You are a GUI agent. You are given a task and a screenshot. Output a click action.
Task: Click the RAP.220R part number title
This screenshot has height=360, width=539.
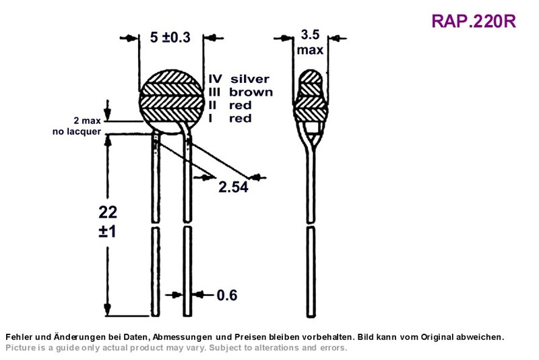(474, 22)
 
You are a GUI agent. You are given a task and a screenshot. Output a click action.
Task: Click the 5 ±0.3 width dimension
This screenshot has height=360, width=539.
(170, 37)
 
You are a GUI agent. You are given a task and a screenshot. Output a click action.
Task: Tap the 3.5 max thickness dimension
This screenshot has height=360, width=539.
(310, 42)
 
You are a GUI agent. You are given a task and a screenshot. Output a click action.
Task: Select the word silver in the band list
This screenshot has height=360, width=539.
(250, 79)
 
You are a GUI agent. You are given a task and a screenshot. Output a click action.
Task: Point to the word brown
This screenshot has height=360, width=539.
(251, 92)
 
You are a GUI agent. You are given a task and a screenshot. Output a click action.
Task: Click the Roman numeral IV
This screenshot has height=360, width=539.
(215, 79)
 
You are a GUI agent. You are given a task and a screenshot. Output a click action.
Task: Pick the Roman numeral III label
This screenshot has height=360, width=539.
(214, 92)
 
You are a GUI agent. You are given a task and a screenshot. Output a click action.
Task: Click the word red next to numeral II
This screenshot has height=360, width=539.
(241, 105)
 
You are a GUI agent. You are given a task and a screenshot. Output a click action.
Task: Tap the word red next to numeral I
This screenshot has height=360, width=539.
(241, 118)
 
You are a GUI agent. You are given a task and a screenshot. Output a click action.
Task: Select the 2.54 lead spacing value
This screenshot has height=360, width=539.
(233, 187)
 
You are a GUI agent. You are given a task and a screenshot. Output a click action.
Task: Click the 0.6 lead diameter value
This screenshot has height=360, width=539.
(227, 295)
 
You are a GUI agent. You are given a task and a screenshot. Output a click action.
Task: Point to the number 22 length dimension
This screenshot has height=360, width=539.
(108, 212)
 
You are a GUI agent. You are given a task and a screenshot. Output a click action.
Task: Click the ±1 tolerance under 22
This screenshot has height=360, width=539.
(107, 231)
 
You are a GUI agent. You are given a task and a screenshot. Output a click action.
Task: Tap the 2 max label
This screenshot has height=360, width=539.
(87, 121)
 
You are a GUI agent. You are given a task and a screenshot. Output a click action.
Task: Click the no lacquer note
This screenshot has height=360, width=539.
(77, 131)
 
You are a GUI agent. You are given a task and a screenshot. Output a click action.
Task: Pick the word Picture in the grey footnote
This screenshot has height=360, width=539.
(21, 348)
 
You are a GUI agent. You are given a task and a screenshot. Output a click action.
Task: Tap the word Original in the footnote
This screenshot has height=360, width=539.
(437, 337)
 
